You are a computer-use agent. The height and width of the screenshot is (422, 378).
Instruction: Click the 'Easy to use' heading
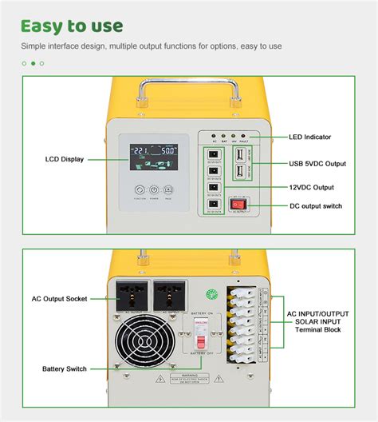click(72, 26)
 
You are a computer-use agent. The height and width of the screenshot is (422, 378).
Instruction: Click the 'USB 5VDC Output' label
click(317, 164)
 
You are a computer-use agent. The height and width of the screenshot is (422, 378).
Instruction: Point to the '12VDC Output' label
click(312, 187)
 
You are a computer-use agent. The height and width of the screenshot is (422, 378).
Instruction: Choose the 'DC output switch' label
click(316, 206)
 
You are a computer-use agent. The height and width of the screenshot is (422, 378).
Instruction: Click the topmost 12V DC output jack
click(213, 153)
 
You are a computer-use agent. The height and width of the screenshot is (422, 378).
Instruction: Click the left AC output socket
click(132, 293)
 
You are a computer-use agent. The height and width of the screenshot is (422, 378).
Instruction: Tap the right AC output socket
click(170, 293)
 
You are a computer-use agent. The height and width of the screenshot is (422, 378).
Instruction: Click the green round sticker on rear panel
click(211, 292)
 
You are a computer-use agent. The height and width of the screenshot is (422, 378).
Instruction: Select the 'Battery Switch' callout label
click(65, 369)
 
